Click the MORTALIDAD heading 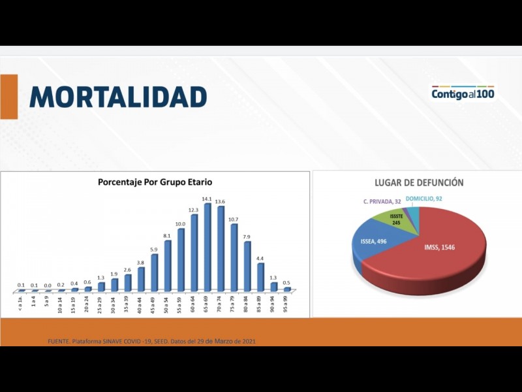118,97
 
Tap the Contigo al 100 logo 463,94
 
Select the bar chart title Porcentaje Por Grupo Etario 155,182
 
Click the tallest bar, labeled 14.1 207,248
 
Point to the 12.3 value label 193,210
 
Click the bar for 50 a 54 168,266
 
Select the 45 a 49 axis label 154,304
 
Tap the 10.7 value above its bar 233,220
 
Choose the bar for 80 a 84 247,267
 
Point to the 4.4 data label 260,259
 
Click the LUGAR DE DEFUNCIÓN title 419,182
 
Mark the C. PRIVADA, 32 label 382,201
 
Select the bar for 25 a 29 101,287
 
